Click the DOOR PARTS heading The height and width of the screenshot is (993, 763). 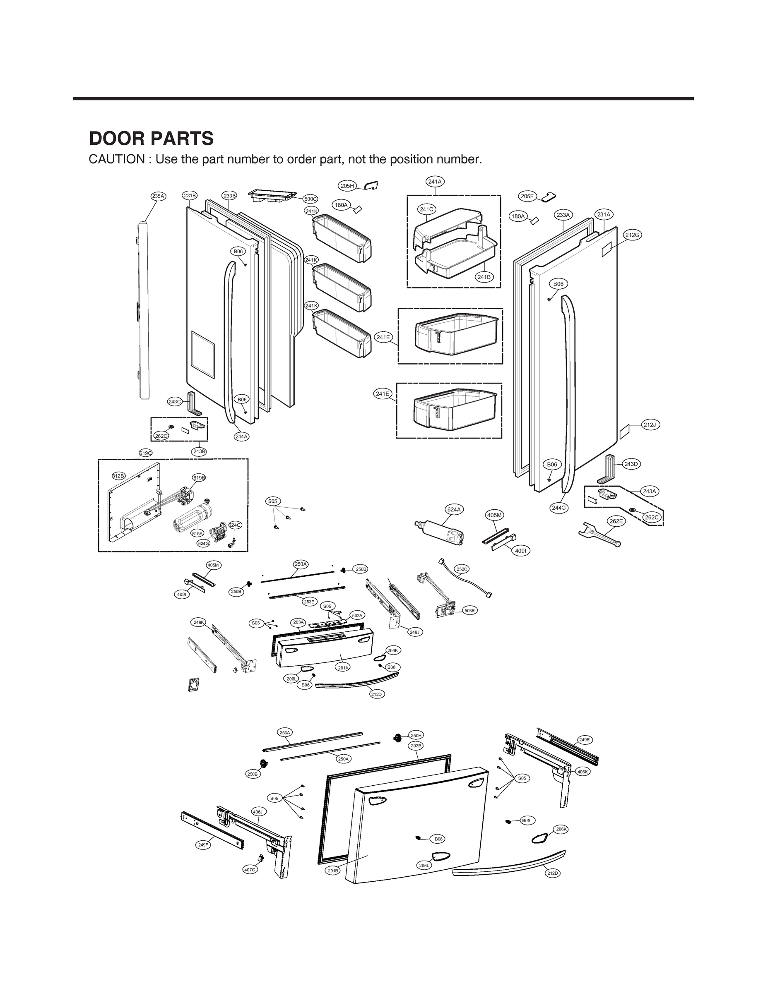151,139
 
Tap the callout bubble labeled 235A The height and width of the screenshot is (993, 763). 158,196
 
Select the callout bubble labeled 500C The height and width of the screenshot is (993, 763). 310,199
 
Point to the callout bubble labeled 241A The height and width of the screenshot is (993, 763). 435,182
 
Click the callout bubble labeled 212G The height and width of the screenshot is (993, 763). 632,235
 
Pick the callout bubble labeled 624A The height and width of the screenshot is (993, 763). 454,509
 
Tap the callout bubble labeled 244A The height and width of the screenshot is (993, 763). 241,437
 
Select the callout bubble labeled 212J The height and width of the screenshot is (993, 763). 650,425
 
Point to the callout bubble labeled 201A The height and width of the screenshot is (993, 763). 343,668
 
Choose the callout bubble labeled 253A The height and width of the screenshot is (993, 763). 285,732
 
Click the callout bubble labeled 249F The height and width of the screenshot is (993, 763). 203,844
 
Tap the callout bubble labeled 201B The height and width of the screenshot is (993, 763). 333,871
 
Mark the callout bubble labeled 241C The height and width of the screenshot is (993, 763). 426,209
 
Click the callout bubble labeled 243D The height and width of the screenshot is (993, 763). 631,464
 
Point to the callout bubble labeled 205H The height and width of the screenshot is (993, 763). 347,186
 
